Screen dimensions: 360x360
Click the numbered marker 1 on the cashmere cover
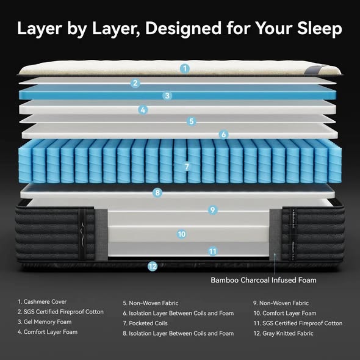[185, 68]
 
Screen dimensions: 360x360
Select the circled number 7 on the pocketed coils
[187, 166]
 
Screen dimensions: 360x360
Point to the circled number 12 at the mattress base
[153, 266]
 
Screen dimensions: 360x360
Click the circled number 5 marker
[192, 121]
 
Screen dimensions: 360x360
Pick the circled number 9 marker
[212, 209]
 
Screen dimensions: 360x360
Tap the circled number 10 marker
[181, 234]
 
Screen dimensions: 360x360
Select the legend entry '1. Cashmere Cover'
[42, 302]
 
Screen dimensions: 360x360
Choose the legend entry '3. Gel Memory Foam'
[46, 322]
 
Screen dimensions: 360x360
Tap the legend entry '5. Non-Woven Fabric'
[150, 303]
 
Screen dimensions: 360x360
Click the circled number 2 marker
[136, 83]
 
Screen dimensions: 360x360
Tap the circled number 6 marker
[224, 134]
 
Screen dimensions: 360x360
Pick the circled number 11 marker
[212, 250]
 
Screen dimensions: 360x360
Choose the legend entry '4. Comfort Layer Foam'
[48, 333]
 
